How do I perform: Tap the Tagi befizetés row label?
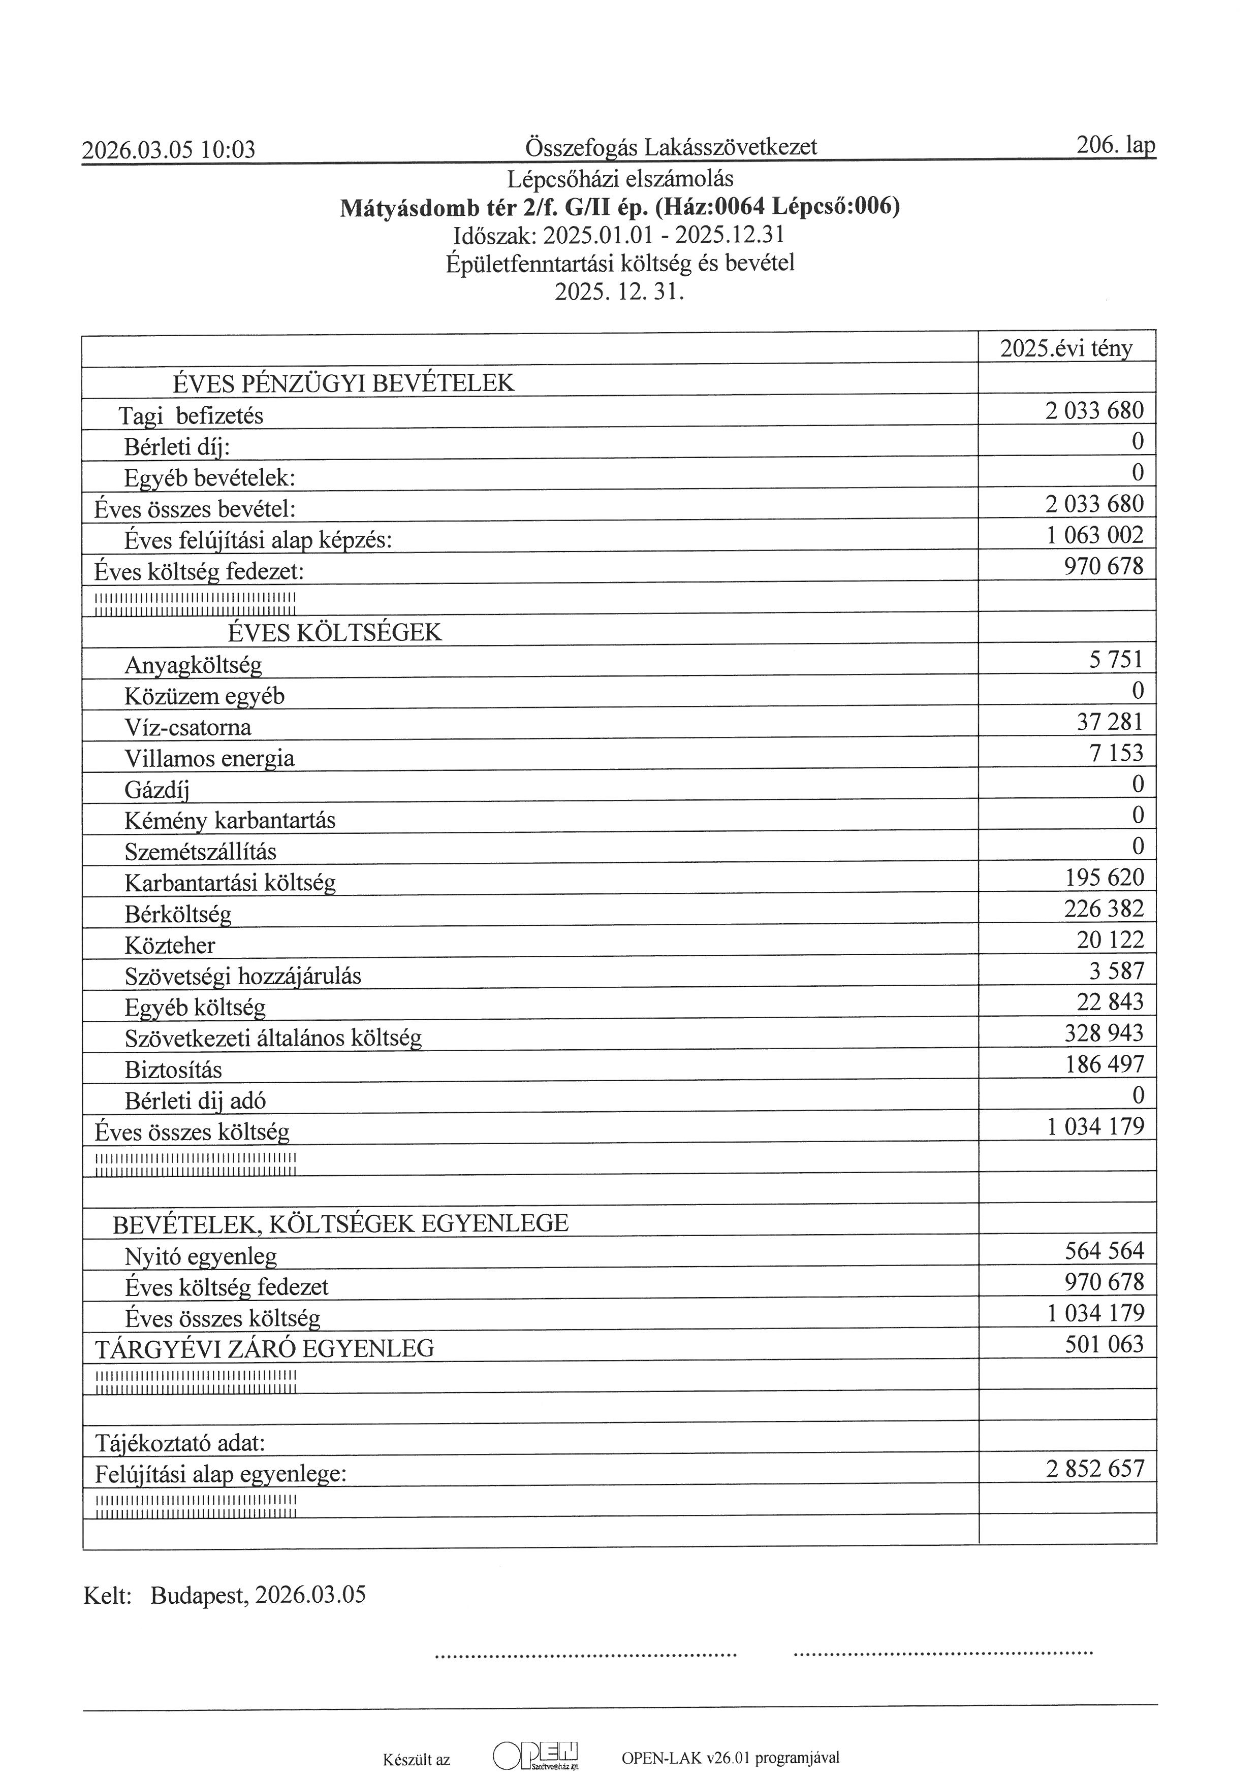[191, 416]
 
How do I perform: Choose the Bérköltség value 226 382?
[1104, 909]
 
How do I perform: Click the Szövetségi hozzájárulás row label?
[243, 976]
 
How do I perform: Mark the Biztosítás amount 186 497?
[1104, 1064]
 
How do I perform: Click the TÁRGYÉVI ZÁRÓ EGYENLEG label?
[265, 1349]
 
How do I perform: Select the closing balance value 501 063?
[1104, 1344]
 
